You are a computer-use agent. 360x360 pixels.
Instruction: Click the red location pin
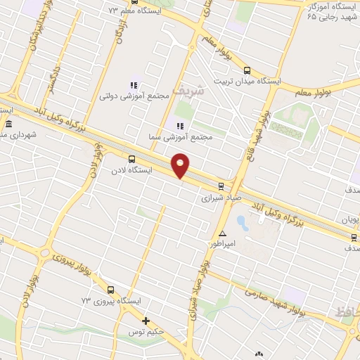point(181,165)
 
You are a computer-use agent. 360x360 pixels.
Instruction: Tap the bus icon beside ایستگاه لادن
point(131,159)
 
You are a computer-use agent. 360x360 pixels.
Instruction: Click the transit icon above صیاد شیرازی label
point(221,186)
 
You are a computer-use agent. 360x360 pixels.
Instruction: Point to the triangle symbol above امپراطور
point(222,233)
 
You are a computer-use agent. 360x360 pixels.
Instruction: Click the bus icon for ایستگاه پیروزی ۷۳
point(110,290)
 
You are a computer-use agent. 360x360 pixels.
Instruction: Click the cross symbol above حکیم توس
point(146,321)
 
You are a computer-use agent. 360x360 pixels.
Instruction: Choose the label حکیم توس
point(143,331)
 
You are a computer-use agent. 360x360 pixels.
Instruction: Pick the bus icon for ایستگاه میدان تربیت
point(246,70)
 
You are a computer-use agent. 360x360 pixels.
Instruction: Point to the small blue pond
point(242,224)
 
